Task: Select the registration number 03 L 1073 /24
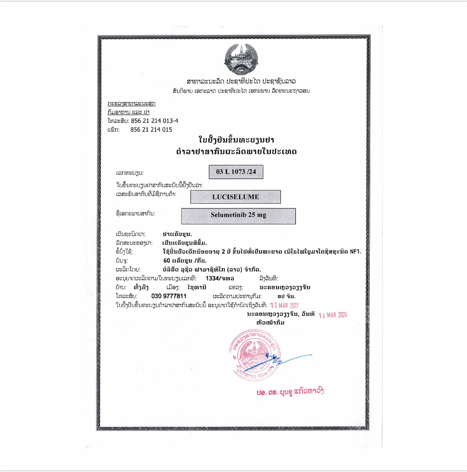236,172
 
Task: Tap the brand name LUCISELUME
235,197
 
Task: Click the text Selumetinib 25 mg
239,215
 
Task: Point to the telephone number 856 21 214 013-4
154,121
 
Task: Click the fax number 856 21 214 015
151,129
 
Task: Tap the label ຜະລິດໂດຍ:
128,269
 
